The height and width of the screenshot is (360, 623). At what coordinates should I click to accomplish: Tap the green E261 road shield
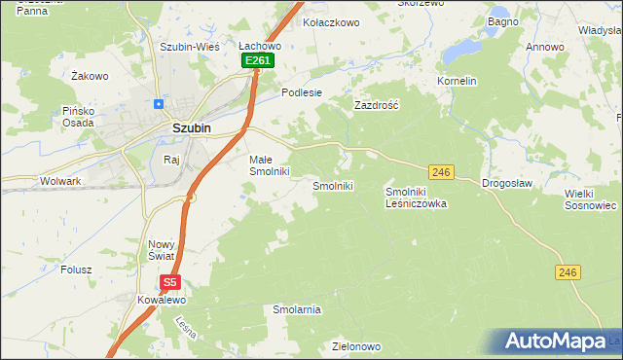coord(258,61)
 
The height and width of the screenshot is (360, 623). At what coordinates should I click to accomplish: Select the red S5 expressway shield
coord(170,282)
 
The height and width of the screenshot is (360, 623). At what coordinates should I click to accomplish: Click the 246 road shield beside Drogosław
coord(441,172)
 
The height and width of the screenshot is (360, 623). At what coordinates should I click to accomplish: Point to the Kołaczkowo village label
coord(332,21)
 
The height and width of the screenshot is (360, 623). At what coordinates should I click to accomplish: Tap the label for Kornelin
coord(457,81)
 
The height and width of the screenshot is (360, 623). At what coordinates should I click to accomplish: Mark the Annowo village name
coord(545,47)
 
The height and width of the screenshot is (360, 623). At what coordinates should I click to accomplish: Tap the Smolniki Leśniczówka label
coord(416,198)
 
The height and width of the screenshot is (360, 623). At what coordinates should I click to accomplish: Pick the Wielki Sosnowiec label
coord(591,199)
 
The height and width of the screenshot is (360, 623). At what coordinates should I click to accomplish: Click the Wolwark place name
coord(59,181)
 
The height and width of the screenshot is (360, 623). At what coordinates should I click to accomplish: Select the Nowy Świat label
coord(161,250)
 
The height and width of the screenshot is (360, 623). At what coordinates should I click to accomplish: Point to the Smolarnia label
coord(297,309)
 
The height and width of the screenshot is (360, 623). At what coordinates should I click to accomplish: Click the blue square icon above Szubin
coord(158,103)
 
